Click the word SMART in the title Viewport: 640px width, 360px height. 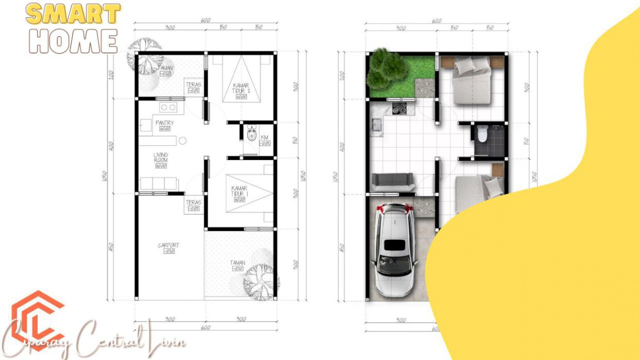coord(73,14)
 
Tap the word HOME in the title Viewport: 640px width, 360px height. coord(73,42)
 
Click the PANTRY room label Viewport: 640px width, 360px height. coord(165,123)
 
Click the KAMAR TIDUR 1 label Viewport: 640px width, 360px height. coord(240,191)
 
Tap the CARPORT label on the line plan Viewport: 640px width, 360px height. coord(168,246)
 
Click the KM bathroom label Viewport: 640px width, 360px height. coord(264,138)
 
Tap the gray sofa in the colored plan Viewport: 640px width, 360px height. coord(393,182)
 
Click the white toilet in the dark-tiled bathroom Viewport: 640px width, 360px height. coord(482,134)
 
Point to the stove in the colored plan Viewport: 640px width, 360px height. coord(400,109)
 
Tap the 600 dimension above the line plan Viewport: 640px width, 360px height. coord(206,21)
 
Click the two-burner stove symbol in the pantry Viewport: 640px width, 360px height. coord(168,107)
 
